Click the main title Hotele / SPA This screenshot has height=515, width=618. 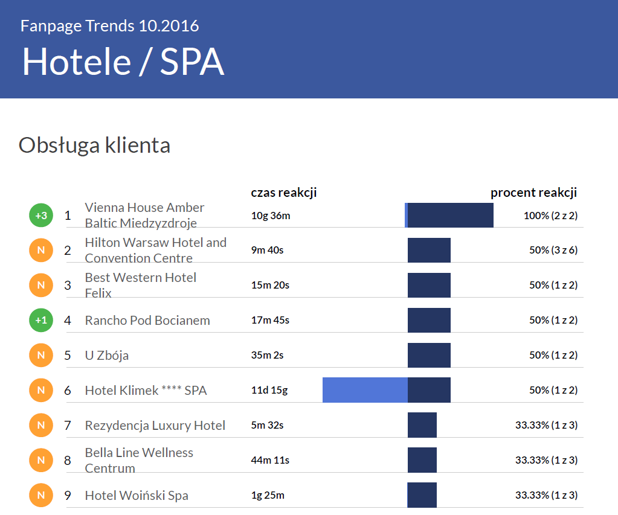[x=123, y=62]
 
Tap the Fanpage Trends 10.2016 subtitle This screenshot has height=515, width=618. [x=109, y=26]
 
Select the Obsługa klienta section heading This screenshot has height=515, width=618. [x=94, y=146]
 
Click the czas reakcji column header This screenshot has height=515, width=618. [x=284, y=193]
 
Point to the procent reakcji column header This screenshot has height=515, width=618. [x=533, y=193]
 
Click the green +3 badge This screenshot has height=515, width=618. [x=41, y=215]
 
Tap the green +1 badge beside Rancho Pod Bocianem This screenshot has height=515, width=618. [x=41, y=320]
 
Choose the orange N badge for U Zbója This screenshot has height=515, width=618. [x=41, y=355]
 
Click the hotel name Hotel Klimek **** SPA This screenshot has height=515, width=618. [x=146, y=391]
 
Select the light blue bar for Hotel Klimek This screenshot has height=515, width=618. [x=365, y=390]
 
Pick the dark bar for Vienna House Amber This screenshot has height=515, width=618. [x=451, y=215]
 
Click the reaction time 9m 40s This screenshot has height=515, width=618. [x=267, y=250]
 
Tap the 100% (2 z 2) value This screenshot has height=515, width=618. [x=550, y=216]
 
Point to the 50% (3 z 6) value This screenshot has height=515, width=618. [x=553, y=250]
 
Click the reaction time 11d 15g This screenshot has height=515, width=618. [x=269, y=390]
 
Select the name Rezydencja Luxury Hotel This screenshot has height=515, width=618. [x=155, y=426]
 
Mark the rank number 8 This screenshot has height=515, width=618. [x=68, y=461]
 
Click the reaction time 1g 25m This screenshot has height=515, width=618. [x=268, y=496]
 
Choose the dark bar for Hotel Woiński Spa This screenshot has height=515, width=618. [x=422, y=495]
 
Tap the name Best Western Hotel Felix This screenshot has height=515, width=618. [x=140, y=285]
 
